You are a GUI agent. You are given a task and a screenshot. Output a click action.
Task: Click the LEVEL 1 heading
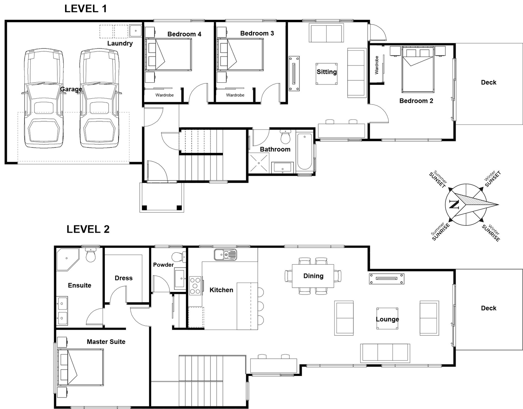(85, 9)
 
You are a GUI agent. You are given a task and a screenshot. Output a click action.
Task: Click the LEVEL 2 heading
(88, 229)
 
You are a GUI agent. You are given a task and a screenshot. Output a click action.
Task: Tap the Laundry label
(120, 43)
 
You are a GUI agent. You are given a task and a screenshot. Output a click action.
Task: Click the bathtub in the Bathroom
(304, 152)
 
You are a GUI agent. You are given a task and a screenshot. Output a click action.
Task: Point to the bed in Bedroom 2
(418, 70)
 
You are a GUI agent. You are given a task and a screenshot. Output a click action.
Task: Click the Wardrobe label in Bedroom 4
(164, 95)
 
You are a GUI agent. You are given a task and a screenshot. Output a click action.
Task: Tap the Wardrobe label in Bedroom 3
(235, 95)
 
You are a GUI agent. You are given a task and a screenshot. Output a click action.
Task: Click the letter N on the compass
(454, 204)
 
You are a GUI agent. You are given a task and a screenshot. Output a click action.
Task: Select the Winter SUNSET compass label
(492, 178)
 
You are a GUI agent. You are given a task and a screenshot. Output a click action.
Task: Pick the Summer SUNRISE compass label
(440, 232)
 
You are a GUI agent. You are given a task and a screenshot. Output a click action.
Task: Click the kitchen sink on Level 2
(225, 254)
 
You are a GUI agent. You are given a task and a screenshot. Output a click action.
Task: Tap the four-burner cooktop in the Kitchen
(195, 286)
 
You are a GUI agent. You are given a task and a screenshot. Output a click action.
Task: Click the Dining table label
(313, 276)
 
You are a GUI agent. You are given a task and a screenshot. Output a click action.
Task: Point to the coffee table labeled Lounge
(387, 319)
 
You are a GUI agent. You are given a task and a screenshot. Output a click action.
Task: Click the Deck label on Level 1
(488, 82)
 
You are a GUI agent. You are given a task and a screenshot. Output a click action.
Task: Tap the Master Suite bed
(80, 367)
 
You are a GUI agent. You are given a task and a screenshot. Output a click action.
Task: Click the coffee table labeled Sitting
(327, 73)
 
